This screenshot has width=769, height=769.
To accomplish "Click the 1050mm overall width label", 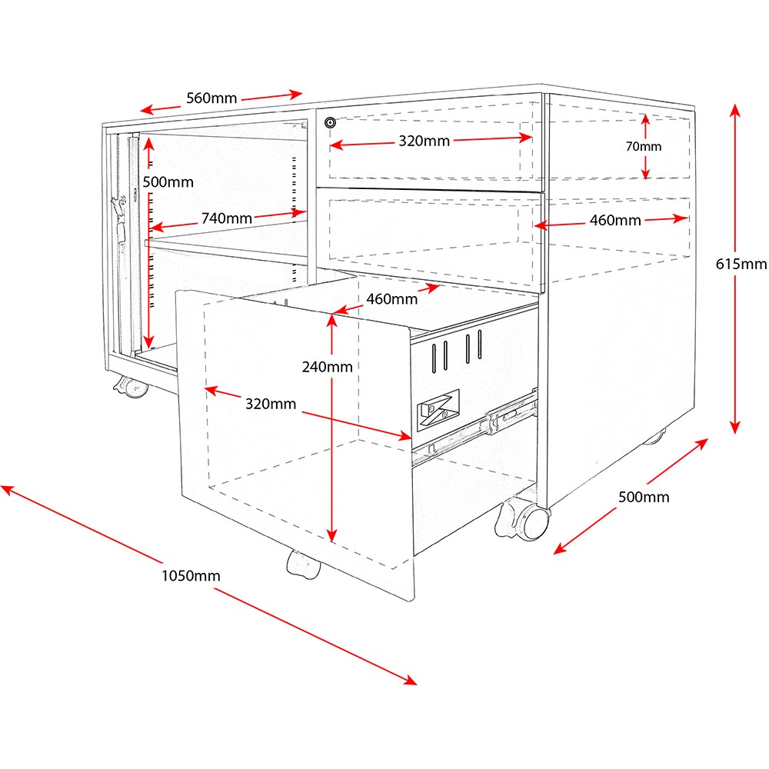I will (x=191, y=575).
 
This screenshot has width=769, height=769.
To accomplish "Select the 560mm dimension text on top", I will (x=211, y=98).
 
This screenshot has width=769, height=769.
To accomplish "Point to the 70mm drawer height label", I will (x=644, y=146).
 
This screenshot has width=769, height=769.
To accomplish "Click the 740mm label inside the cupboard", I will (x=227, y=218).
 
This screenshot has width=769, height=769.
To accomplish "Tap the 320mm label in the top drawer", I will (x=424, y=141).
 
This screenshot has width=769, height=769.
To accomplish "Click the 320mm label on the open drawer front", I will (x=271, y=403).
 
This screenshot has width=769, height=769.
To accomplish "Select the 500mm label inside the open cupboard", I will (x=168, y=182).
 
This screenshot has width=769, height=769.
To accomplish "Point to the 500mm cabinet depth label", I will (x=644, y=497).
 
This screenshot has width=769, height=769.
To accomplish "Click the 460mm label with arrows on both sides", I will (x=615, y=221).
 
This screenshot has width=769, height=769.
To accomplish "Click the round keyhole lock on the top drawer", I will (x=331, y=122).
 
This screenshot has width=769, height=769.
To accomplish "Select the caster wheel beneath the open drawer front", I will (x=302, y=564).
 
